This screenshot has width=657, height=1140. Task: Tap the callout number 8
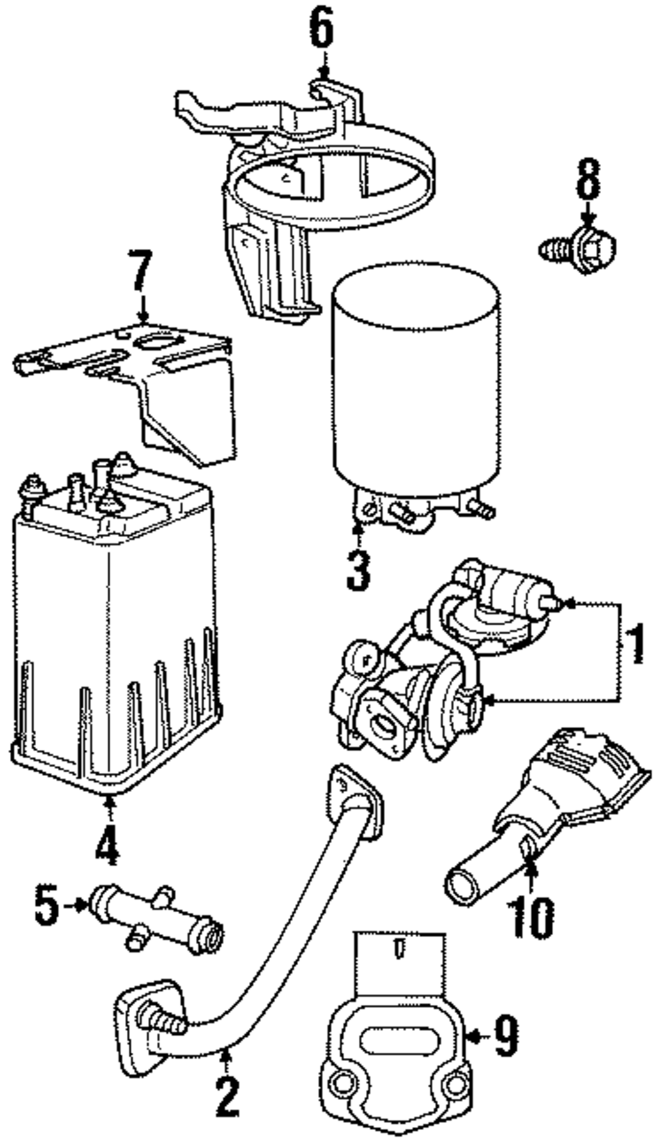(x=588, y=178)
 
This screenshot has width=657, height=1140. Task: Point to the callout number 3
(x=358, y=569)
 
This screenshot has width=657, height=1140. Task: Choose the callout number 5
(x=47, y=906)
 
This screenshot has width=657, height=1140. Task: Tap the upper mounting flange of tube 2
(x=355, y=798)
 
